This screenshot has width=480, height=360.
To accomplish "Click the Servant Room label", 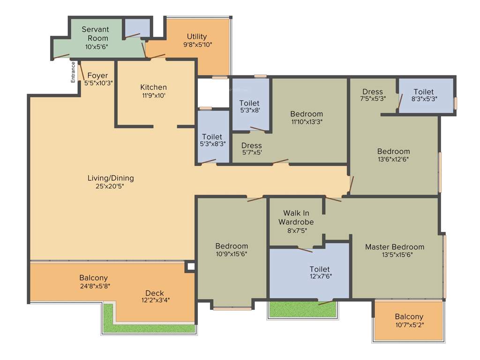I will pos(95,34).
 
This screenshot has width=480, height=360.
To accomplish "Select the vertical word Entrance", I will pos(73,73).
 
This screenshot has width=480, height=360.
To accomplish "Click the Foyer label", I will pos(97,75).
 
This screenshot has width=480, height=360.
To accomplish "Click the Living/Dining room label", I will pos(111,178).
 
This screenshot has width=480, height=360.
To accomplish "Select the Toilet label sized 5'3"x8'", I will pos(249,103).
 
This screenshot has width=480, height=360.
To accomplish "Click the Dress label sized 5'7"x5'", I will pos(252,146).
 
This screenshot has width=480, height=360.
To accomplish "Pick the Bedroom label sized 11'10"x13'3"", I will pos(307,114).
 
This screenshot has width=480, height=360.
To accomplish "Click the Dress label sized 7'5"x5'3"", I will pos(373,92).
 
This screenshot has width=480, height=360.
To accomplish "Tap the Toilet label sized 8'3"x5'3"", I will pos(423,92).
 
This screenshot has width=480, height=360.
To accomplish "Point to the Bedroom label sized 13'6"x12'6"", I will pos(394,151).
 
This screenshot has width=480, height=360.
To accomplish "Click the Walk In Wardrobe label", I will pos(296,217).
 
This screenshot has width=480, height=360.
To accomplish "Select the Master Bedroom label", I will pos(395,247).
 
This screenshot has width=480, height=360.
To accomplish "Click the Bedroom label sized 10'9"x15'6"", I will pos(232,246).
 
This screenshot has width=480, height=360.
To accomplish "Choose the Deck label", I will pos(155,293).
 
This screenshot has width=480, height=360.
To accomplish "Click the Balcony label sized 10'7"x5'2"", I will pos(409,316).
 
